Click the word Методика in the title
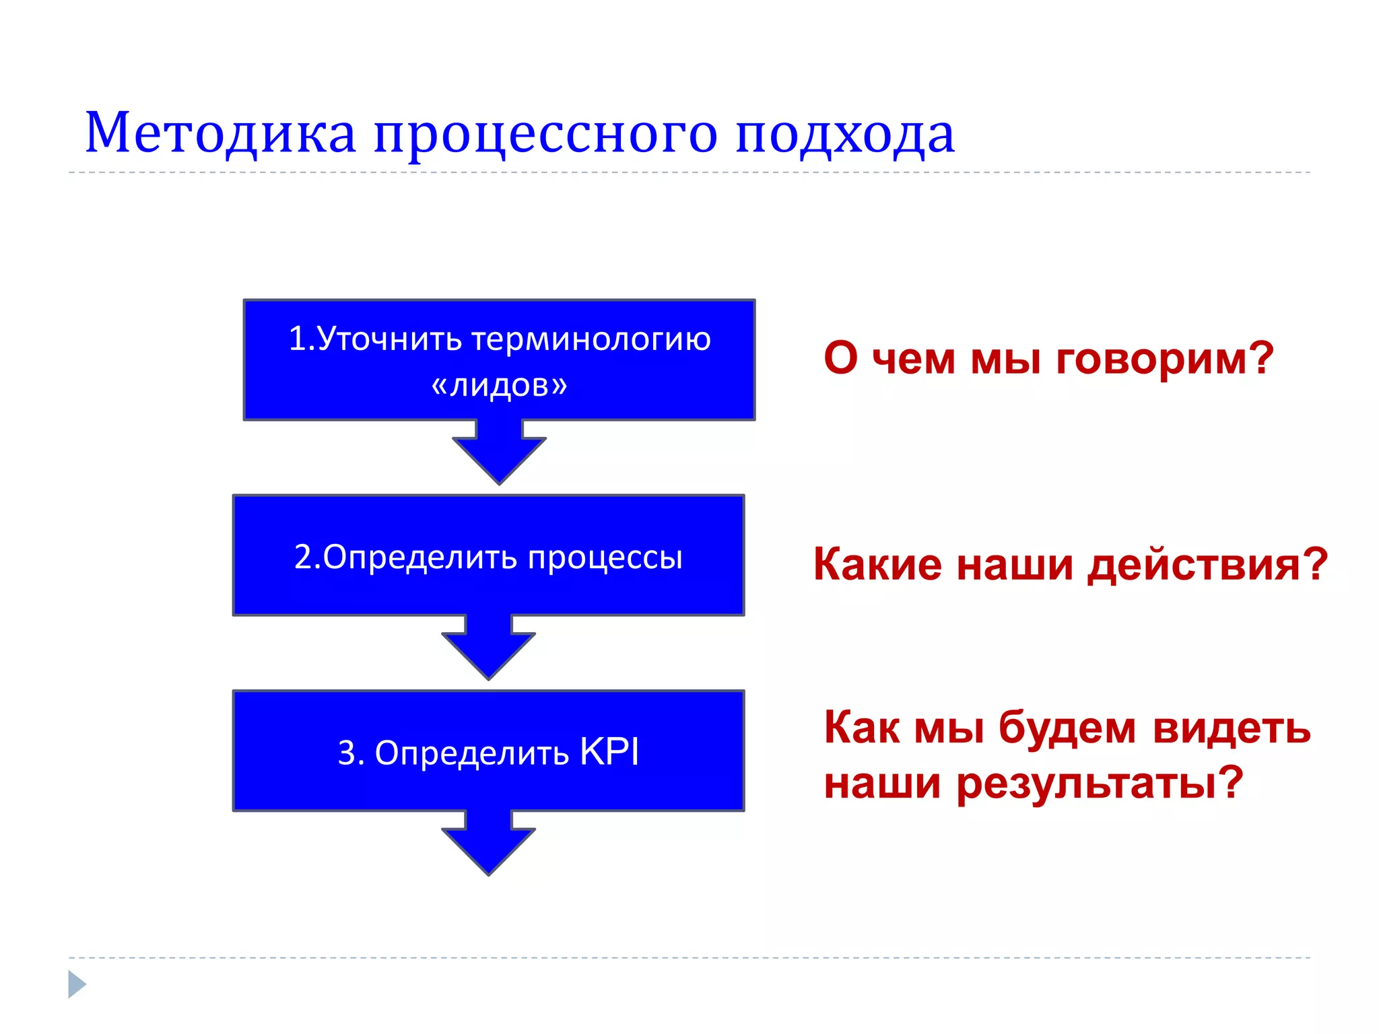(x=220, y=133)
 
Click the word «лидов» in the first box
(x=499, y=385)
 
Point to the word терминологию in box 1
(x=591, y=339)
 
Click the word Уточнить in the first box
(x=389, y=339)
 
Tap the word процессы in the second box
(x=605, y=558)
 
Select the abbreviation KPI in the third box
(x=609, y=752)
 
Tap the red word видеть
(x=1232, y=728)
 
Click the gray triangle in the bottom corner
(x=76, y=984)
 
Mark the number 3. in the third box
(x=351, y=753)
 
